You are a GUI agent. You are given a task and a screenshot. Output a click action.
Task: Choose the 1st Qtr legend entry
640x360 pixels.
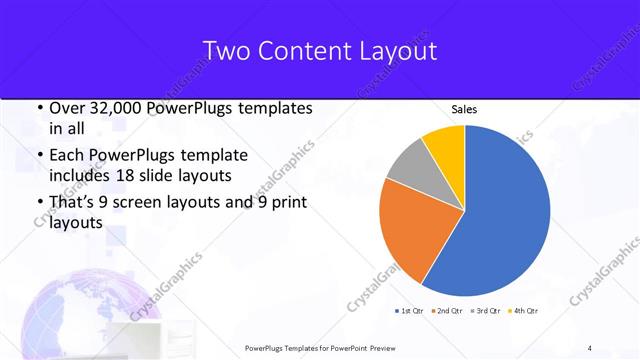pos(409,311)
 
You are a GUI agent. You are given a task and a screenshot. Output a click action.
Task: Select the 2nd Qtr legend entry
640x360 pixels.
pos(446,311)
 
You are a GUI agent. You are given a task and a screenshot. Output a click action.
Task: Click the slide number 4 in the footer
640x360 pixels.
pos(590,347)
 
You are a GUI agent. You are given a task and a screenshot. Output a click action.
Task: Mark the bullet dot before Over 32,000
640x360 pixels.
pos(38,108)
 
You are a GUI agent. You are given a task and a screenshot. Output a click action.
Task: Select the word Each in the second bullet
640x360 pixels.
pos(66,156)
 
